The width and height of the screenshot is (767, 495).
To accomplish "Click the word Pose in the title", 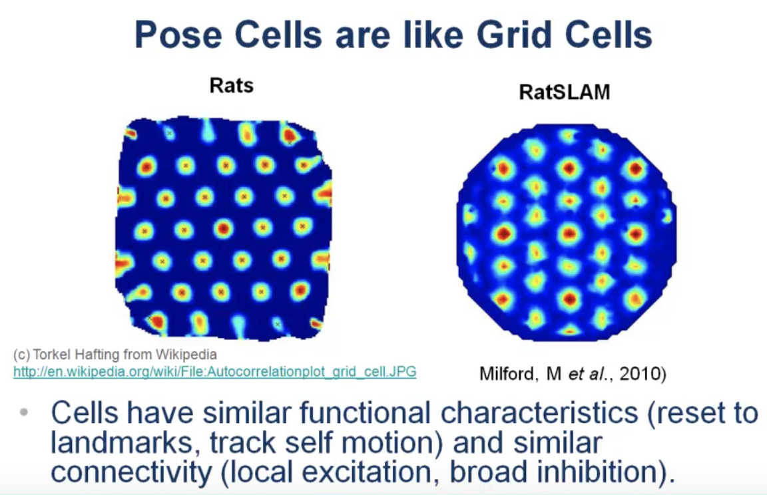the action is click(178, 35).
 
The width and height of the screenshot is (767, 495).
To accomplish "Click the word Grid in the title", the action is click(513, 35).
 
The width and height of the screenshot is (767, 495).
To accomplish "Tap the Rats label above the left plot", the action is click(232, 86).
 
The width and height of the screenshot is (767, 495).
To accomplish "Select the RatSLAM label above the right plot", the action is click(565, 92).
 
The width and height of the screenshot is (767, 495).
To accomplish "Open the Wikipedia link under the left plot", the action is click(215, 372).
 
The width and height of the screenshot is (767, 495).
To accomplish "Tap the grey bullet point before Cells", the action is click(23, 412).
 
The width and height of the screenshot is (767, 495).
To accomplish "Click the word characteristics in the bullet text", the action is click(539, 412).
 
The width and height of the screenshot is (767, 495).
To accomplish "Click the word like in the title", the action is click(433, 35).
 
